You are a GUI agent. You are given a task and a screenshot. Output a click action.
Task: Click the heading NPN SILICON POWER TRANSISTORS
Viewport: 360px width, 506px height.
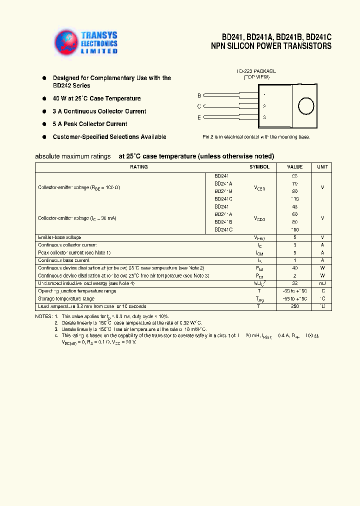271,46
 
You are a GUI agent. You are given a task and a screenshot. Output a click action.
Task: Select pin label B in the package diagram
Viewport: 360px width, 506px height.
199,95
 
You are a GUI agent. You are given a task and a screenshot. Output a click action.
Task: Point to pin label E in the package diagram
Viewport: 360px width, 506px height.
199,117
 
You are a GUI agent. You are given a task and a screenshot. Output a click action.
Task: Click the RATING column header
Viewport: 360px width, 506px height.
138,167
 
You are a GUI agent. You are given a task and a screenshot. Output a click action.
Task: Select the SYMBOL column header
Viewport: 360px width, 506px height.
259,167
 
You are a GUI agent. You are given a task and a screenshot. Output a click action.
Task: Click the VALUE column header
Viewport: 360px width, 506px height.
294,167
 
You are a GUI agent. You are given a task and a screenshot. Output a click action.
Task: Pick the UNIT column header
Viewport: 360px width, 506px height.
322,167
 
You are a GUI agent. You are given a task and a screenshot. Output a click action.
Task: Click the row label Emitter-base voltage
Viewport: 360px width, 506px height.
59,237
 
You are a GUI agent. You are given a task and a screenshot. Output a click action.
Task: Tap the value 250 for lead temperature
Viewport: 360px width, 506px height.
294,306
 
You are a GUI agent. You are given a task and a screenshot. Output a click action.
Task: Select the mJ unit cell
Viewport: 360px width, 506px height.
322,283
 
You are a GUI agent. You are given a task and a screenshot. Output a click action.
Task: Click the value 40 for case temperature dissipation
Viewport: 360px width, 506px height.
294,268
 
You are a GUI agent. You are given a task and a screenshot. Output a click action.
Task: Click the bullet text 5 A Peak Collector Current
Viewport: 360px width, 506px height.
90,124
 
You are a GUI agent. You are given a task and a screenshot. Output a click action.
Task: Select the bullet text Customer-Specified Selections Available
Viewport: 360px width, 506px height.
109,137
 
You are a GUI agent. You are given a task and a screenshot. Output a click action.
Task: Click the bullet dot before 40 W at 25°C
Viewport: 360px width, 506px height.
44,98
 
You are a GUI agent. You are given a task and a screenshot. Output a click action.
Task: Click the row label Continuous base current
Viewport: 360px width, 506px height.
63,260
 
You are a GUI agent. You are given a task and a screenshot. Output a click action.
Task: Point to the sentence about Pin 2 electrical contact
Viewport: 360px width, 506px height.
256,137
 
